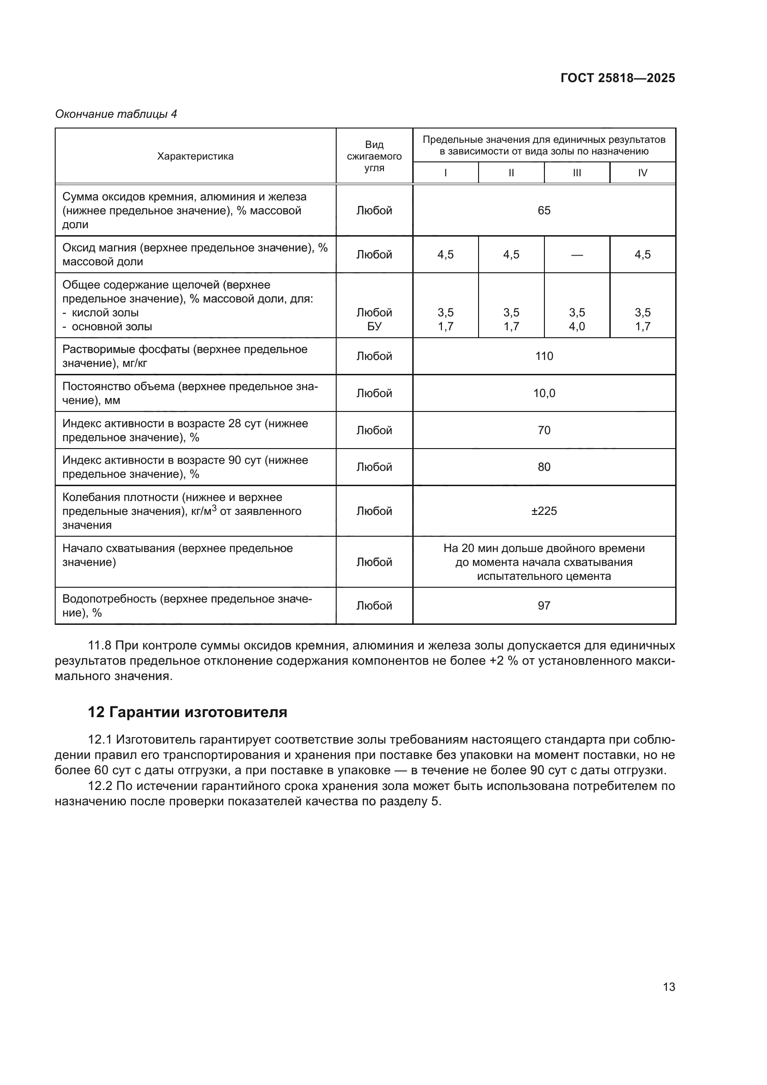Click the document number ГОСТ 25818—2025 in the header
(617, 78)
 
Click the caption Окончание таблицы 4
(116, 114)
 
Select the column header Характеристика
(195, 156)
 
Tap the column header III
(577, 173)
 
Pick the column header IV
(642, 173)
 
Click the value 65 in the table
(543, 210)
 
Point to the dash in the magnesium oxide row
(577, 255)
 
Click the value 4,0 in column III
(577, 327)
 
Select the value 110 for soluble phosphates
(543, 356)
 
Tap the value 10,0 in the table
(543, 393)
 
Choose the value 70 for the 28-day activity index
(543, 430)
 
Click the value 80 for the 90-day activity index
(543, 467)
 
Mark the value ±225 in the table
(543, 511)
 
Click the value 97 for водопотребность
(543, 605)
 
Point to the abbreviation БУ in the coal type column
(374, 327)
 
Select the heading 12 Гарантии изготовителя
(187, 712)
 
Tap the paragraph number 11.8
(100, 646)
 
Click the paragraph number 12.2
(100, 786)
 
